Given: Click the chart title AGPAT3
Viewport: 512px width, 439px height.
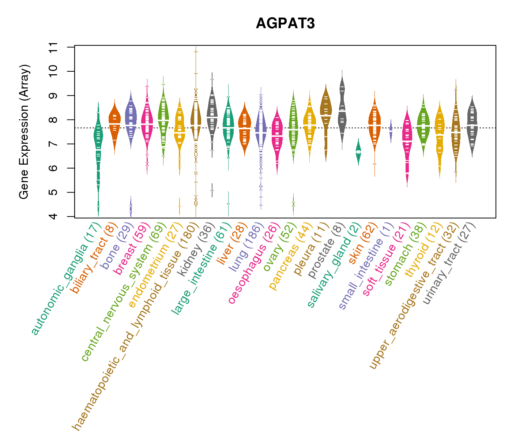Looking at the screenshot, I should click(x=285, y=23).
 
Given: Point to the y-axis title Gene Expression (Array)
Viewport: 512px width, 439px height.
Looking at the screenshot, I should click(x=24, y=132).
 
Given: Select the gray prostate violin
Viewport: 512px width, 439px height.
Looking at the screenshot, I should click(x=342, y=110).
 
